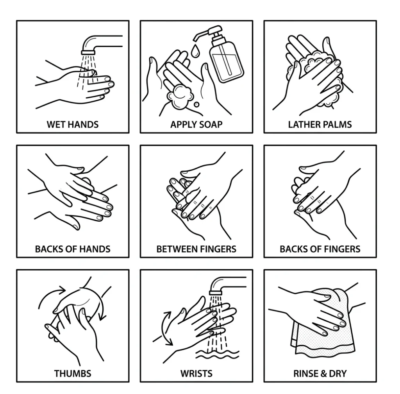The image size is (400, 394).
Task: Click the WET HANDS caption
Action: pos(73,125)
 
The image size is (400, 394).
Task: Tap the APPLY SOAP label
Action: pos(196,125)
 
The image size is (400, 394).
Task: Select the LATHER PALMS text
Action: pos(320,125)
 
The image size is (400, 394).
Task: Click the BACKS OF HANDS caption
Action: pos(73,249)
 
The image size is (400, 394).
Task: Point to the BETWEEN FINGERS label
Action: pos(196,249)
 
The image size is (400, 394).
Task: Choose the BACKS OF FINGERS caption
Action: pos(320,249)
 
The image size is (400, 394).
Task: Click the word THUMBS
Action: pos(73,373)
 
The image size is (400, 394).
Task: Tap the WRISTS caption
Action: pos(196,373)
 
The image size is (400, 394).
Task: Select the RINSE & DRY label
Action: pos(320,373)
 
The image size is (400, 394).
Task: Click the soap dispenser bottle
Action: pos(227,63)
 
